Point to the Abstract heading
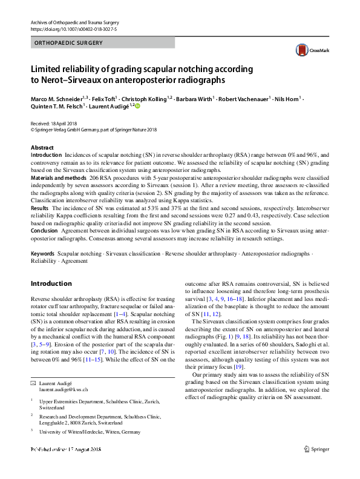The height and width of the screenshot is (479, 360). [43, 148]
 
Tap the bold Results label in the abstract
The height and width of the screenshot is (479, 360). [40, 207]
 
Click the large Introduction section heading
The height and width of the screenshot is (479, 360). [51, 283]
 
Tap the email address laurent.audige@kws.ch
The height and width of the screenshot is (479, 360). [64, 391]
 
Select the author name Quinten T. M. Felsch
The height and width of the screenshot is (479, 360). [58, 107]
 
